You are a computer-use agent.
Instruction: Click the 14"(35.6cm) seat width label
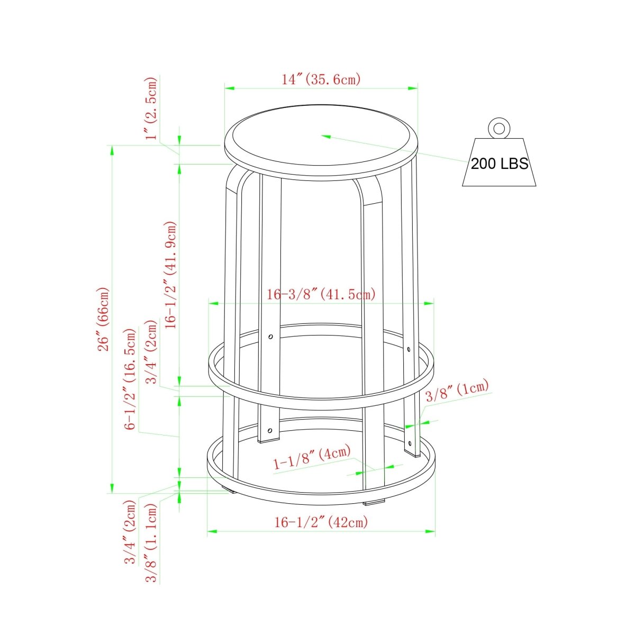pos(321,79)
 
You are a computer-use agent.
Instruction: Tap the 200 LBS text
pos(499,164)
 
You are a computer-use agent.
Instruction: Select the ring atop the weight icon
pos(499,128)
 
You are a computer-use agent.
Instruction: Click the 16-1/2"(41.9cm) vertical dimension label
pos(171,275)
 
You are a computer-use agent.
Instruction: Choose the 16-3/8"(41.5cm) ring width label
pos(321,294)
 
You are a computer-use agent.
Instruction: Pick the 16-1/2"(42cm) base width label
pos(321,522)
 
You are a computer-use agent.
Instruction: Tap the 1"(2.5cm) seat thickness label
pos(152,108)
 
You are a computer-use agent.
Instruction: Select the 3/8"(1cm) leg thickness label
pos(457,391)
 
